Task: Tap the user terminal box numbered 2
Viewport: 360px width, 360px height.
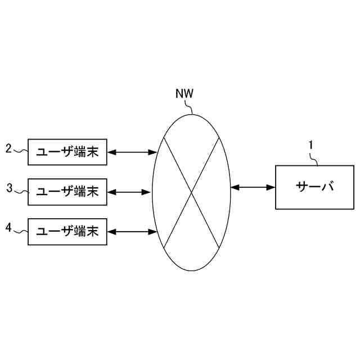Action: point(67,152)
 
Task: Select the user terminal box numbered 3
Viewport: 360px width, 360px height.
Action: point(67,192)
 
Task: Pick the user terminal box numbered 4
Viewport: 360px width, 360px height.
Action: point(67,231)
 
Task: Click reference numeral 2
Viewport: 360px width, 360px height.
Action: point(8,149)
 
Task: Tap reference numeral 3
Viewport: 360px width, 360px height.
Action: point(9,188)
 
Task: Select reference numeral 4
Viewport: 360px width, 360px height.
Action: point(8,227)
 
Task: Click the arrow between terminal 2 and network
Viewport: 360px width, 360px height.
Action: point(131,152)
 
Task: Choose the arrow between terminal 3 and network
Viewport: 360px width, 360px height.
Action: point(129,192)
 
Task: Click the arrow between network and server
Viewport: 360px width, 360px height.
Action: point(253,187)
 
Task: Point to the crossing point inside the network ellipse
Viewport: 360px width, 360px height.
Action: point(191,192)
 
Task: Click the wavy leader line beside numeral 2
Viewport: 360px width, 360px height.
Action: point(20,151)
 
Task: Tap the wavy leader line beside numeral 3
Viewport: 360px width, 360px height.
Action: point(21,191)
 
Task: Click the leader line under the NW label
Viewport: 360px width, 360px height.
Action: point(191,107)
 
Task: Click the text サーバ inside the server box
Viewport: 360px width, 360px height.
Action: point(314,187)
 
